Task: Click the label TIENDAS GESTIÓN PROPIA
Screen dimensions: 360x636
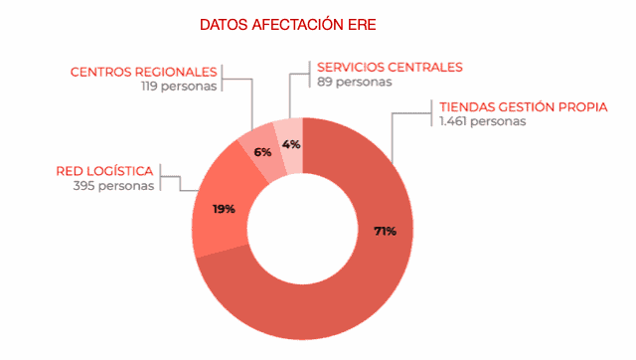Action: point(523,107)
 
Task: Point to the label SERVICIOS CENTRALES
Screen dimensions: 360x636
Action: point(389,68)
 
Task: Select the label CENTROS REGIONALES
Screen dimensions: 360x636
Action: point(143,72)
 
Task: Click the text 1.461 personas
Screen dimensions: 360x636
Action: point(482,121)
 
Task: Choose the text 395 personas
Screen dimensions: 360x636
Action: point(113,185)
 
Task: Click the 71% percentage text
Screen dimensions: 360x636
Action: point(385,231)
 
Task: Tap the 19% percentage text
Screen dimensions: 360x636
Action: point(223,209)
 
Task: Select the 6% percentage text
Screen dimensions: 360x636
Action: point(262,152)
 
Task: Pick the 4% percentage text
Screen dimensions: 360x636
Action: point(291,144)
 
